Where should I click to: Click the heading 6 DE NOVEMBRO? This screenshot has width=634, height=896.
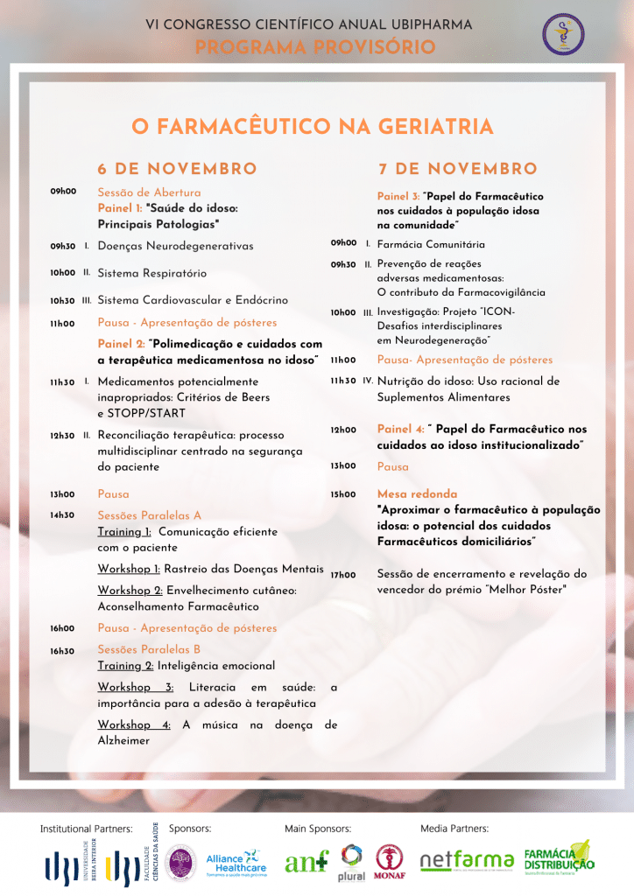pyautogui.click(x=177, y=169)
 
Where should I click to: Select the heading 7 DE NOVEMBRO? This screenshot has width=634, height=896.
pyautogui.click(x=457, y=169)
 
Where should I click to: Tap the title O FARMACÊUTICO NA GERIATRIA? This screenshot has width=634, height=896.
pyautogui.click(x=313, y=127)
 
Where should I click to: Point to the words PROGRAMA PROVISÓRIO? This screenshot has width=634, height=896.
pyautogui.click(x=315, y=47)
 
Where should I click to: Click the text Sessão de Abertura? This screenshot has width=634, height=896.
pyautogui.click(x=149, y=192)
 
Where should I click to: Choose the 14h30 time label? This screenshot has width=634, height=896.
pyautogui.click(x=62, y=515)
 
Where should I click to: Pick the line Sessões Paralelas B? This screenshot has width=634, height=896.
pyautogui.click(x=149, y=650)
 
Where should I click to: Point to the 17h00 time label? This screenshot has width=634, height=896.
pyautogui.click(x=342, y=575)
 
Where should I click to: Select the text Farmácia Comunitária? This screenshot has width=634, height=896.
pyautogui.click(x=431, y=244)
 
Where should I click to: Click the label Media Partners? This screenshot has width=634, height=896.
pyautogui.click(x=454, y=828)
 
